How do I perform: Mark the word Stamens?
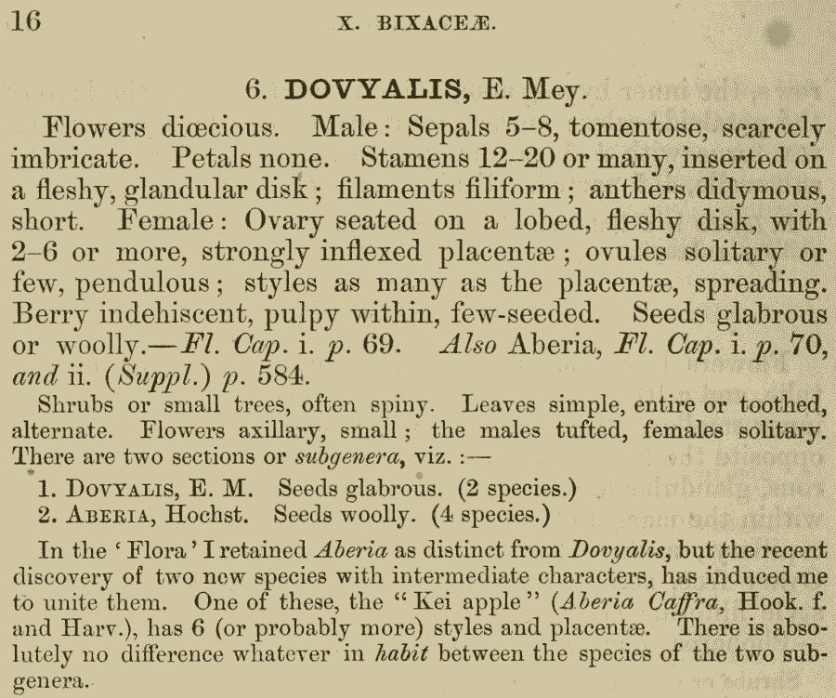(x=414, y=157)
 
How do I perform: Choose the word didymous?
(x=758, y=189)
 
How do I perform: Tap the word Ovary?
(x=297, y=221)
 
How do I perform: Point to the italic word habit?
(x=400, y=654)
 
